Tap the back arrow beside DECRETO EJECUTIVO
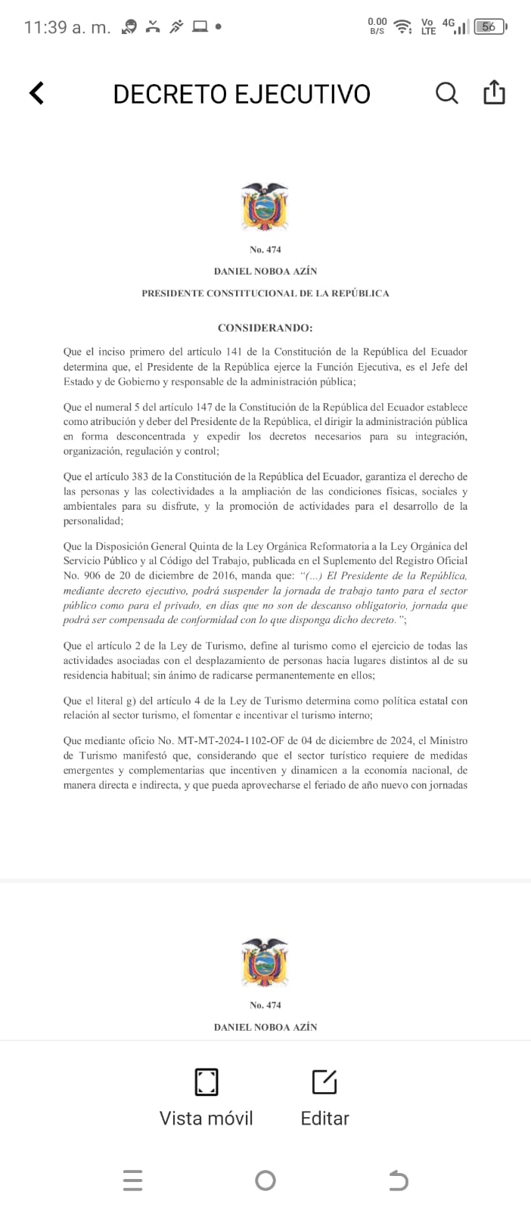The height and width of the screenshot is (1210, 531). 36,93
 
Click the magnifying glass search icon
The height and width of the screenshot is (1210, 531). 447,93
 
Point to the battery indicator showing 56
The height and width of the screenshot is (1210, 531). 489,26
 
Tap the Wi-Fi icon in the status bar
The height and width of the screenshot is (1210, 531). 404,26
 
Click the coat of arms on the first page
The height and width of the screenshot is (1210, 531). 265,206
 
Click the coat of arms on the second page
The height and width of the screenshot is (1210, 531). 265,962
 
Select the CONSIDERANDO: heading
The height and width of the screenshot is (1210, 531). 265,328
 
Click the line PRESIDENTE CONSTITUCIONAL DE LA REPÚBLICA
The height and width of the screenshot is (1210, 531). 265,293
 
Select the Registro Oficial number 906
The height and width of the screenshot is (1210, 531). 89,576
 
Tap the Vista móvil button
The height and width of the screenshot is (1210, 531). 206,1097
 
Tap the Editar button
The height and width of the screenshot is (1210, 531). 324,1097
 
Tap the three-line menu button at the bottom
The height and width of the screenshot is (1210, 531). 132,1180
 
